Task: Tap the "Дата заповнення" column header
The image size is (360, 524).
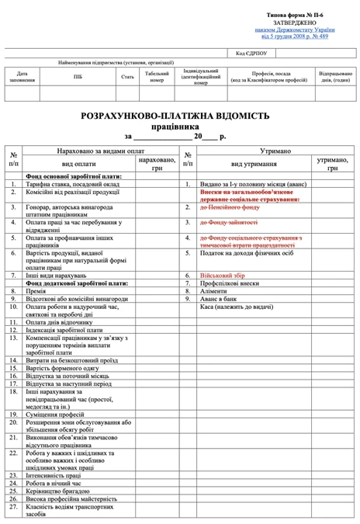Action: click(x=22, y=76)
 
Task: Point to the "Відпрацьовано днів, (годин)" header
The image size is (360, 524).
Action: click(x=335, y=76)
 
